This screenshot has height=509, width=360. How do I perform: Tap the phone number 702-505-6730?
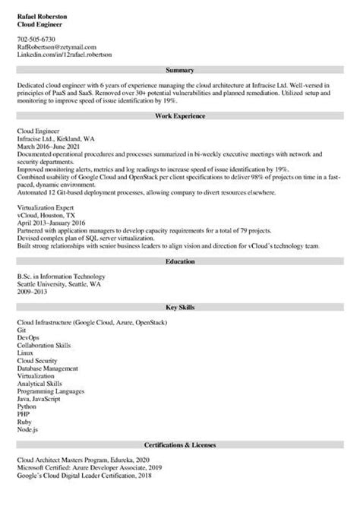(x=36, y=38)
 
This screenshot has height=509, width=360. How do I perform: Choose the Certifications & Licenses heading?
(x=180, y=444)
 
